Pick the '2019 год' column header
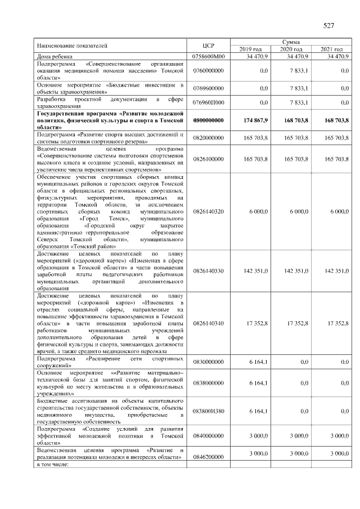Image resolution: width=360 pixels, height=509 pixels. point(250,49)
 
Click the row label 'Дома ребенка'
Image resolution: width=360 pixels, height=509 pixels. point(52,56)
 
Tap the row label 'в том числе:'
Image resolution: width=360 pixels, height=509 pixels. point(52,464)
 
